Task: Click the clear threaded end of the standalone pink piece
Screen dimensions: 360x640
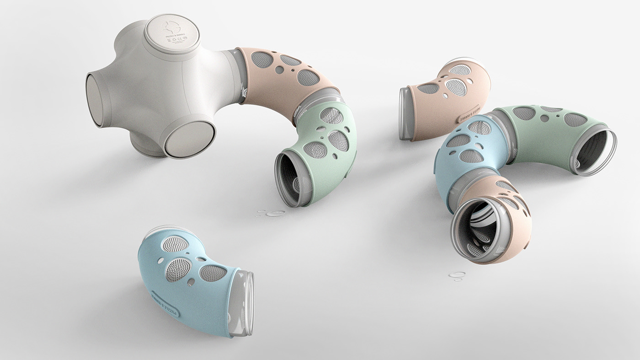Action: (x=405, y=113)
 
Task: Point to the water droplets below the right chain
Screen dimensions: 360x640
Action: (x=457, y=275)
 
